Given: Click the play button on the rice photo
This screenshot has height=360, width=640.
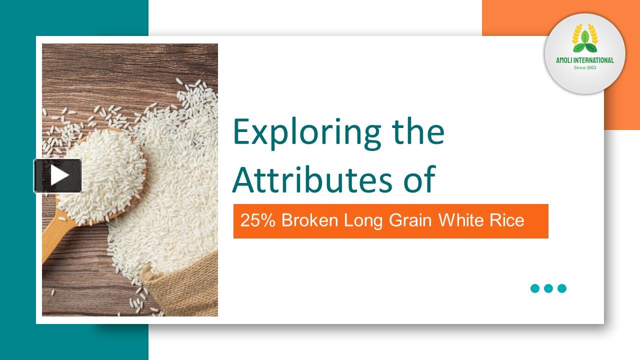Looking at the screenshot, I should click(x=57, y=175).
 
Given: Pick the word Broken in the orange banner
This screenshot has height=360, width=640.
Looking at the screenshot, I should click(x=310, y=220).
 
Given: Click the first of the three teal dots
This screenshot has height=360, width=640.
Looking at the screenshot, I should click(x=535, y=288).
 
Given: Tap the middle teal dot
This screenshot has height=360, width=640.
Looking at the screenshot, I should click(x=548, y=288).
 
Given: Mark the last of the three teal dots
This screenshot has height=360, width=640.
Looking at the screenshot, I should click(x=562, y=288).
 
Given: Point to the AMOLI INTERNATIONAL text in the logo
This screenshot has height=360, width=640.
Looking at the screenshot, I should click(x=585, y=60).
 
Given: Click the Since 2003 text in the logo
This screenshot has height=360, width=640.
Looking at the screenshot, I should click(x=585, y=67).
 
